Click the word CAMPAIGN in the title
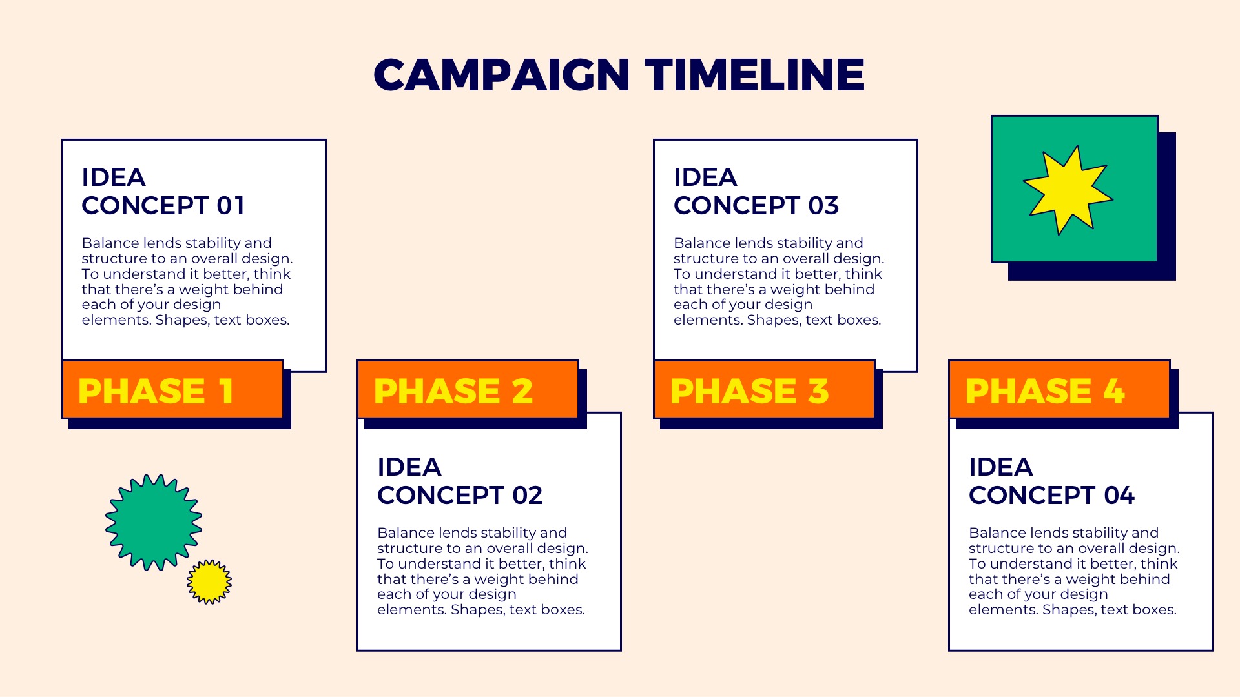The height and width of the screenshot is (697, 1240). [x=501, y=75]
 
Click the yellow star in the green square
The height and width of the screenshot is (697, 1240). [x=1068, y=190]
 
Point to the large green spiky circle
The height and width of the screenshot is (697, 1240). [x=154, y=522]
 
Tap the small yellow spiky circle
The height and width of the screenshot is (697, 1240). [x=209, y=581]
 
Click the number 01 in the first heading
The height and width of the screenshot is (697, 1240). [x=231, y=206]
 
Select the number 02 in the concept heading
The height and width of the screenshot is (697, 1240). [x=527, y=496]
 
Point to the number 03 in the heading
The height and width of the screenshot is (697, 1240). [x=823, y=206]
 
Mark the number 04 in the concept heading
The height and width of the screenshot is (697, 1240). [x=1119, y=496]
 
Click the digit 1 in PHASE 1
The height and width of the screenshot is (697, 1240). [x=225, y=391]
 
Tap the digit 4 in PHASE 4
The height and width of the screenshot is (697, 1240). [x=1113, y=391]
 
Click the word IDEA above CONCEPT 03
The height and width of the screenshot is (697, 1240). [x=705, y=177]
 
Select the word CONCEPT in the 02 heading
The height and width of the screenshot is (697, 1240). [x=440, y=496]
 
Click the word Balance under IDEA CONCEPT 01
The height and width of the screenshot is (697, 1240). [x=110, y=243]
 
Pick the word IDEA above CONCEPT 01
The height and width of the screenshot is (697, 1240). [x=113, y=177]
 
